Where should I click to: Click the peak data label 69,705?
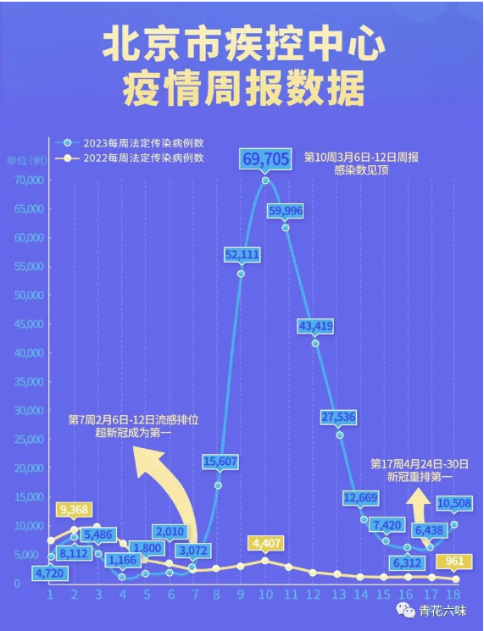click(265, 158)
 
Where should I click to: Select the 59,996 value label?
click(286, 210)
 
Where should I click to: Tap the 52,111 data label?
click(242, 254)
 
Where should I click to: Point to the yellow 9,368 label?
click(74, 510)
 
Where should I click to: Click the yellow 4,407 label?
click(265, 544)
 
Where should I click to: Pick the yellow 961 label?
click(455, 561)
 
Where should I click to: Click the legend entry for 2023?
click(129, 143)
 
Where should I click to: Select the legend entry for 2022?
click(129, 158)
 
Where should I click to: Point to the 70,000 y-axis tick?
click(29, 180)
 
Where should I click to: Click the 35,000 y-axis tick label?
click(29, 381)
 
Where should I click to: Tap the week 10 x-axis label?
click(265, 595)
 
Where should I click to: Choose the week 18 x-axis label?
click(454, 595)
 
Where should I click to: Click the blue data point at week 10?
click(265, 180)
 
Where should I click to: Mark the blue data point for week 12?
click(315, 343)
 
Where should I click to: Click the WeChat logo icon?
click(405, 611)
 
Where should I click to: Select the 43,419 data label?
click(315, 325)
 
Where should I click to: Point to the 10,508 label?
click(454, 503)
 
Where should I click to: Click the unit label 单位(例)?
click(26, 161)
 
